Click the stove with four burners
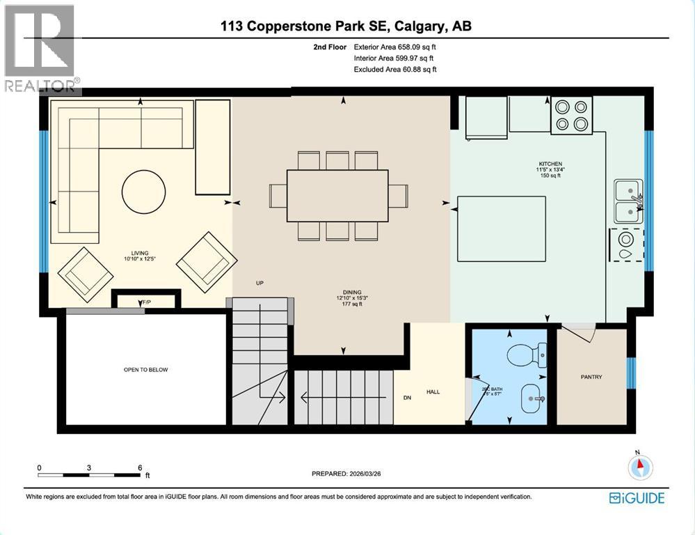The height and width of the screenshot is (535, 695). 572,116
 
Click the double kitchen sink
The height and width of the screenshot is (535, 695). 628,200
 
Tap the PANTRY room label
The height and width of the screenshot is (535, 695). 591,377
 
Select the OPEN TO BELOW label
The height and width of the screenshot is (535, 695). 145,370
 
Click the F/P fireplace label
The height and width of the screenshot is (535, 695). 146,302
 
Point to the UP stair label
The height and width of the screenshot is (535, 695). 259,283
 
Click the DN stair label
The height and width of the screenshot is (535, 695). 408,398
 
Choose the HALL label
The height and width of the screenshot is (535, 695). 433,391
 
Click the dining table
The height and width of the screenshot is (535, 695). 337,196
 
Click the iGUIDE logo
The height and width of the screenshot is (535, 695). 637,497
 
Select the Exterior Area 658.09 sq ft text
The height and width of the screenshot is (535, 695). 395,47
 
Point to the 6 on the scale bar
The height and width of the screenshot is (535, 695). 141,467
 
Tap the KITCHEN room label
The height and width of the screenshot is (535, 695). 548,164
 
